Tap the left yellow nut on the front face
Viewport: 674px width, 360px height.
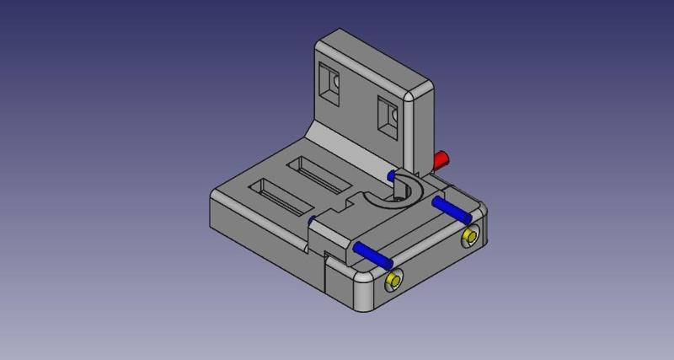[393, 281]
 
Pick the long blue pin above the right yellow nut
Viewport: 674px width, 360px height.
[450, 209]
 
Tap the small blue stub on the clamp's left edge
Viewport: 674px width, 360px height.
[312, 220]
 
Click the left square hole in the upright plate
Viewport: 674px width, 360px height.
[327, 81]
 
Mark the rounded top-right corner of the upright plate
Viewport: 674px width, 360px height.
[421, 89]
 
